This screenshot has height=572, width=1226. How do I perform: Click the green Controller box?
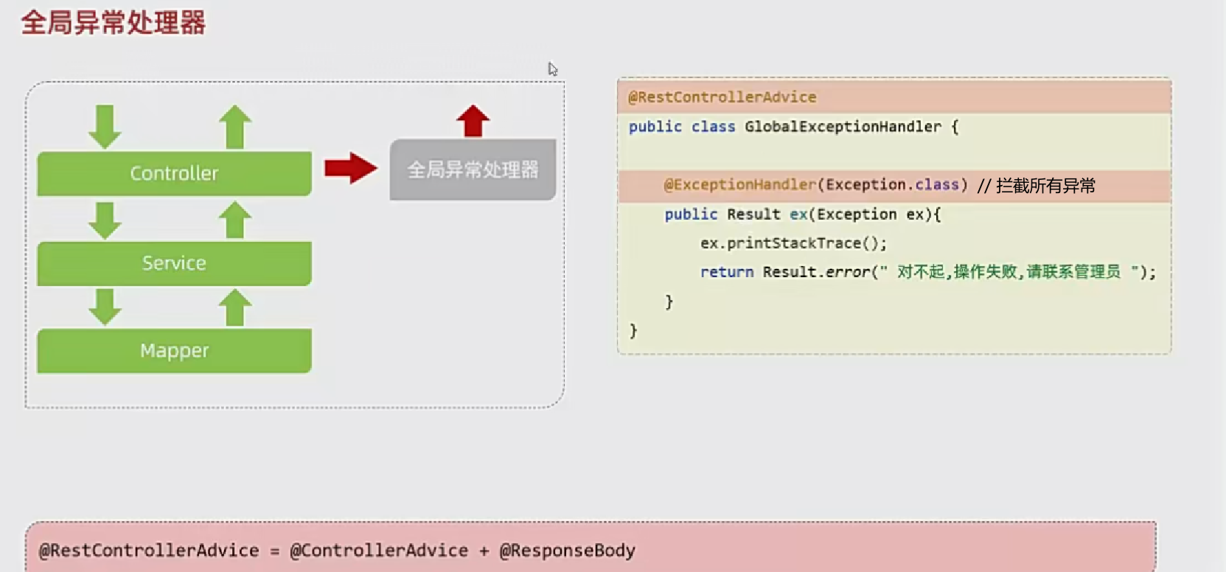174,173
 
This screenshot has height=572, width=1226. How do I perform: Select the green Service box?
174,263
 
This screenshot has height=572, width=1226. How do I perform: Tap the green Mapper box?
174,350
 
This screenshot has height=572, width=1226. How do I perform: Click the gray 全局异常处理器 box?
473,170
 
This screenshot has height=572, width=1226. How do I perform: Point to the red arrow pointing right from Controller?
351,168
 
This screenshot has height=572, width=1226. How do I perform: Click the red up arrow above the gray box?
473,120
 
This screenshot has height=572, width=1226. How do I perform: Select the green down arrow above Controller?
105,126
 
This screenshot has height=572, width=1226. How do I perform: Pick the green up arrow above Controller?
235,126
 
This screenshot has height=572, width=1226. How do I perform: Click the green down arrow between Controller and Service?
105,220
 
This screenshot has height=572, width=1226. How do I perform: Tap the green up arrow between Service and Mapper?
235,307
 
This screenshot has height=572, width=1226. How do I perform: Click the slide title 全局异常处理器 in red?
113,23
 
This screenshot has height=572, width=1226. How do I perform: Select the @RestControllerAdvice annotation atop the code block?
722,97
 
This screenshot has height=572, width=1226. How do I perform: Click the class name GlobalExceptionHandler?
843,127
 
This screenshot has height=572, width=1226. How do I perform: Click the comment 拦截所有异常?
1045,186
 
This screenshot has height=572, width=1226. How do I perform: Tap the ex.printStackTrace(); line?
793,243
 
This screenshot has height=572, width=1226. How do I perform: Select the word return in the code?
726,272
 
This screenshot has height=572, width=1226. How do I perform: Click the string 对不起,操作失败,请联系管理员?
1008,272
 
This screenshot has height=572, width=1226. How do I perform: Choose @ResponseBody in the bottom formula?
567,551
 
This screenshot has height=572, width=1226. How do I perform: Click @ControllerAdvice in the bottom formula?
379,551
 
